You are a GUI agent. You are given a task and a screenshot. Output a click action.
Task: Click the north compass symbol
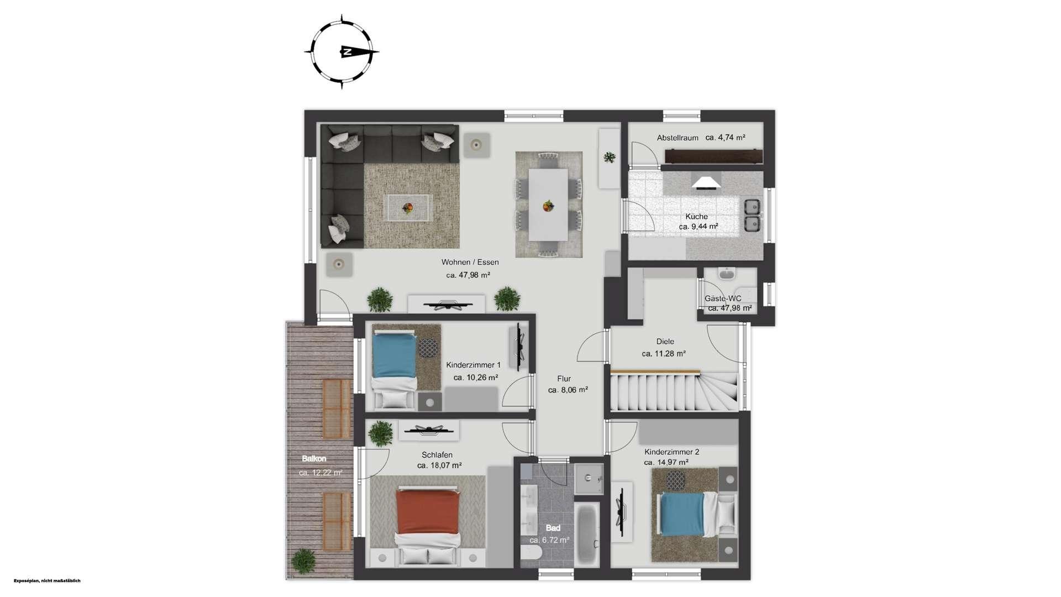[x=342, y=52]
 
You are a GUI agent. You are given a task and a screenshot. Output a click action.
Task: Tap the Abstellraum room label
[x=677, y=138]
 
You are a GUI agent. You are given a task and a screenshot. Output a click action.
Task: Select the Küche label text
[x=696, y=216]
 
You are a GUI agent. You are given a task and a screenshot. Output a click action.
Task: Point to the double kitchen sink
[x=752, y=215]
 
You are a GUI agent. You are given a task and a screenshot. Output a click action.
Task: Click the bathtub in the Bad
[x=587, y=533]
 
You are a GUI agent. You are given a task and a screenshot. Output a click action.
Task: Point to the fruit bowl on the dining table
[x=548, y=206]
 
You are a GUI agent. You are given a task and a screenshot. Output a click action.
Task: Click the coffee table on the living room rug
[x=407, y=208]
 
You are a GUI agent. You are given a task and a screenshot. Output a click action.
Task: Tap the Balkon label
[x=314, y=459]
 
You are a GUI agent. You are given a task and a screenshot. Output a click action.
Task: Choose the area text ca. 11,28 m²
[x=664, y=354]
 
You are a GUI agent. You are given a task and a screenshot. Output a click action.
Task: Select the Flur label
[x=564, y=379]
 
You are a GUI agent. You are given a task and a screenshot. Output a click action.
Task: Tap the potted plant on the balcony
[x=303, y=561]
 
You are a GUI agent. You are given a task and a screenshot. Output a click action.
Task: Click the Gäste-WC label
[x=723, y=298]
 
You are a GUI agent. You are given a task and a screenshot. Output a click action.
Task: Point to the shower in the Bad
[x=589, y=479]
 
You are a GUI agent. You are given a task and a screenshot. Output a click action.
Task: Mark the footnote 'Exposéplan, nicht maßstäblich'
[x=47, y=581]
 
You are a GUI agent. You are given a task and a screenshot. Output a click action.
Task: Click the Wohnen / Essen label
[x=470, y=262]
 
